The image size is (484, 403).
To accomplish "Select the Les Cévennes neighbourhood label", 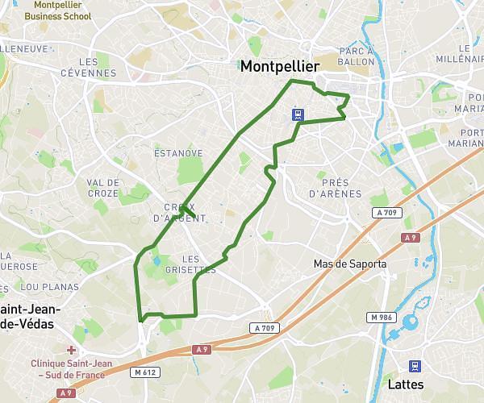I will coord(90,68).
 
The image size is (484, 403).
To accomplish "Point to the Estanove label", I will coord(178,152).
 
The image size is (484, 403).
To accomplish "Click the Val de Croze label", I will coord(103,188).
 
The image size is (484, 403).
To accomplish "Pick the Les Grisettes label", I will coord(199,264).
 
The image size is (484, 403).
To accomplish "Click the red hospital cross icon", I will coord(73,350).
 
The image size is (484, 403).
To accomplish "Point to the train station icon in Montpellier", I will coord(298,114).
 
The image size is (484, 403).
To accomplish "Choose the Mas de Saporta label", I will coord(350,264).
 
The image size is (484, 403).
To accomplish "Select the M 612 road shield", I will coord(144,372).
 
